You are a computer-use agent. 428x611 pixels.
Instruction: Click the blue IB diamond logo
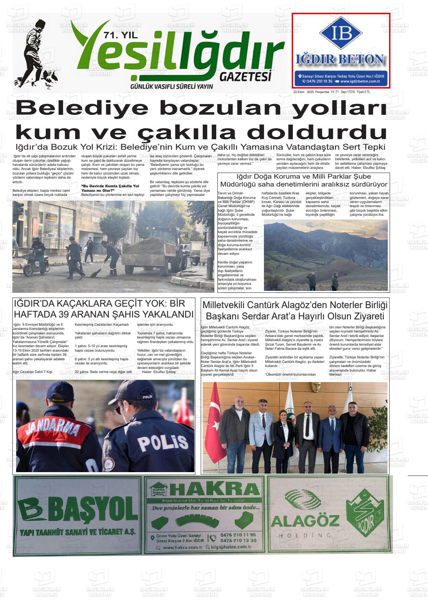(341, 33)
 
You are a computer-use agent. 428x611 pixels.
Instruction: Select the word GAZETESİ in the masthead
(246, 77)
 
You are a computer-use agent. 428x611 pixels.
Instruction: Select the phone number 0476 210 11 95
(238, 535)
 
